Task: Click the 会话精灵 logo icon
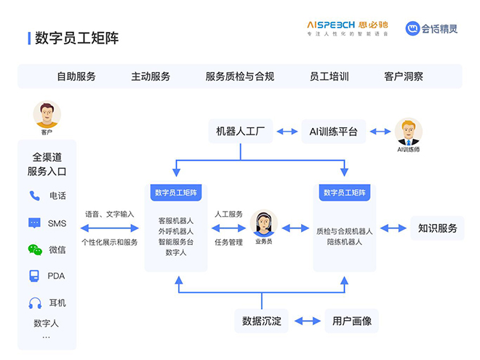click(x=414, y=28)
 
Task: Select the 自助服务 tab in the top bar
click(x=76, y=76)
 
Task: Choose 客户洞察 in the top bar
click(x=404, y=76)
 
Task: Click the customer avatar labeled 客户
click(x=47, y=114)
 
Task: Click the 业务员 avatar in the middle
click(x=263, y=224)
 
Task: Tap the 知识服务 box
click(x=438, y=228)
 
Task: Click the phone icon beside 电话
click(x=34, y=196)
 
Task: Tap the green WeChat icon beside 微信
click(x=35, y=249)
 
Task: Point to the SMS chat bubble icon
click(x=34, y=223)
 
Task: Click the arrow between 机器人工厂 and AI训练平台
click(x=287, y=132)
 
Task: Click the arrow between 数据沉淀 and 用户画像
click(x=307, y=321)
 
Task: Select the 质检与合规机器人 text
click(x=344, y=231)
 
